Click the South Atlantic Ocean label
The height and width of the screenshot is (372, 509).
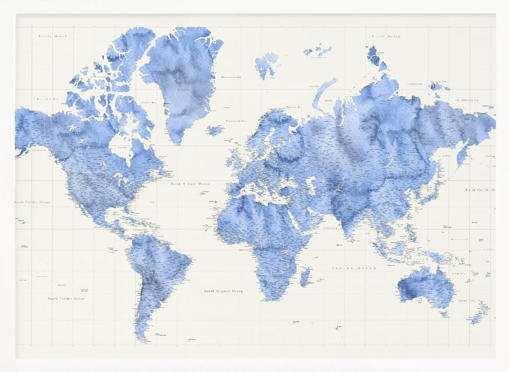click(x=223, y=291)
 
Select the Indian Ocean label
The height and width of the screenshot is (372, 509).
click(x=354, y=268)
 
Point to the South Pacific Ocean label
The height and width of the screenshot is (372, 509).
click(x=66, y=298)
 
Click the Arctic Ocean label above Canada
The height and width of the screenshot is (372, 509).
click(x=53, y=36)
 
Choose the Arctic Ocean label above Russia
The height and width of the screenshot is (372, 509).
click(x=386, y=36)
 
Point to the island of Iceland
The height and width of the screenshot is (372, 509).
click(x=215, y=130)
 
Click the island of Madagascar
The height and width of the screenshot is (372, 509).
click(x=305, y=277)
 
